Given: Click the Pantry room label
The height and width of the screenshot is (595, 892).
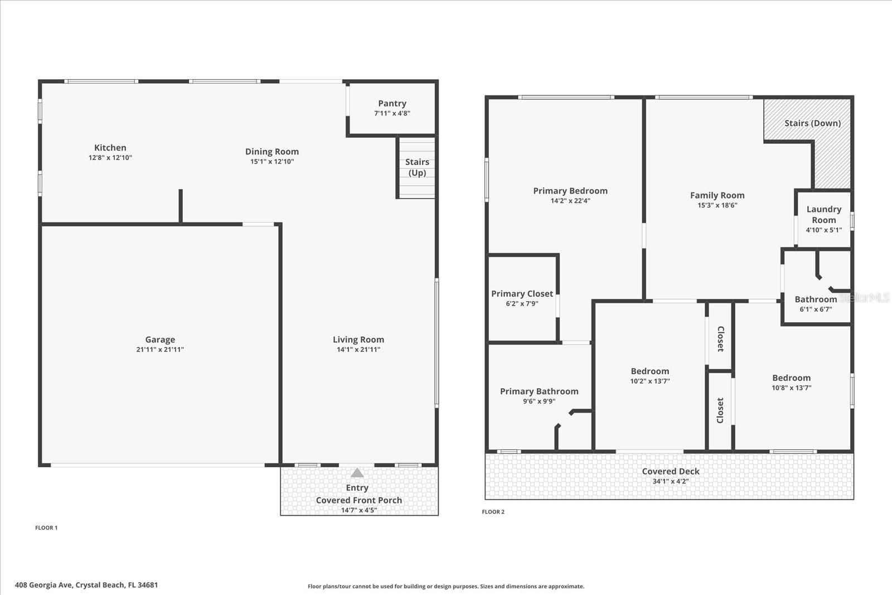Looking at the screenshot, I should [392, 103].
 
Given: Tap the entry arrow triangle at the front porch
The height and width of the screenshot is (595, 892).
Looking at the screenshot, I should [357, 473].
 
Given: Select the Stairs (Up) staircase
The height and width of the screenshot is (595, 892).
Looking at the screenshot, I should [417, 167].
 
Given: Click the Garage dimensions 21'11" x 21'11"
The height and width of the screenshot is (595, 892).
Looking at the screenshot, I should [160, 350].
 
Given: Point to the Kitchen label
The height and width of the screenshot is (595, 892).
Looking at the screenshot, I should [110, 148].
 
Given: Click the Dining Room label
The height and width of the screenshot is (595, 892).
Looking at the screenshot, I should [272, 152].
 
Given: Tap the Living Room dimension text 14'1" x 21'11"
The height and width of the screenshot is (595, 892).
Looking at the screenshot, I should [358, 350].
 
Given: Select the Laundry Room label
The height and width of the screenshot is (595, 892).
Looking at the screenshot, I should [823, 214].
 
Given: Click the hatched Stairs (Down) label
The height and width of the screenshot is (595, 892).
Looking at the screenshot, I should [812, 123].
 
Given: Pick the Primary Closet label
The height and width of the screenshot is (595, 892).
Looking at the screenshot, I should [522, 294].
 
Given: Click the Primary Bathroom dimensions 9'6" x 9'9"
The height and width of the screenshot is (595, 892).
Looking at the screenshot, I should [539, 401].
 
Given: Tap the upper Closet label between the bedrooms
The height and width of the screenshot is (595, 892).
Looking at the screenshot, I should [720, 338].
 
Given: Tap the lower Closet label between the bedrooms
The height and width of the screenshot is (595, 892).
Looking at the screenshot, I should [720, 410].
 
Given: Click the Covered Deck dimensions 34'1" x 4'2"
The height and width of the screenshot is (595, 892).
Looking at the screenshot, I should [670, 481].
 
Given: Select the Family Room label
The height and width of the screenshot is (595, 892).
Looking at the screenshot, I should [717, 195].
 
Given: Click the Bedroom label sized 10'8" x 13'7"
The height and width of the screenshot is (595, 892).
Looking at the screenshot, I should [791, 378].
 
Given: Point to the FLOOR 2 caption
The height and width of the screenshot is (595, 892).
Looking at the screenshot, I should [493, 512].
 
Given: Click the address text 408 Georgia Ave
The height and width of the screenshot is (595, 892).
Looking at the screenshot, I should [86, 585].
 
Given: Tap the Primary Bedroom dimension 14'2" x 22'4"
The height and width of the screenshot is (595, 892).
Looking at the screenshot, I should [570, 201].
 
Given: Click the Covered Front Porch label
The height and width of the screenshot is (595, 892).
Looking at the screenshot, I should [358, 500].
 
